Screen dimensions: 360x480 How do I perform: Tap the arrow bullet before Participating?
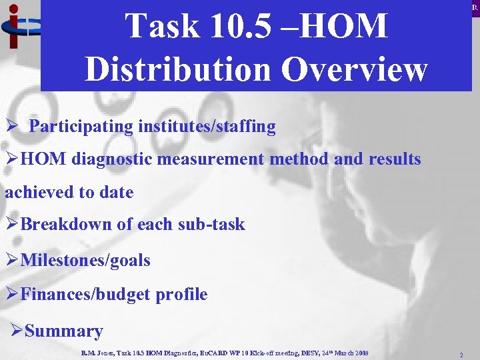coord(11,127)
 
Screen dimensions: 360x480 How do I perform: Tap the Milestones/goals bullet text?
coord(85,260)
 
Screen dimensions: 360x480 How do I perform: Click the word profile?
coord(181,294)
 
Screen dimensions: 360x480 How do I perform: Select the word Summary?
coord(63,331)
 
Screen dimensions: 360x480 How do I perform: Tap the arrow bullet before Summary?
coord(17,331)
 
